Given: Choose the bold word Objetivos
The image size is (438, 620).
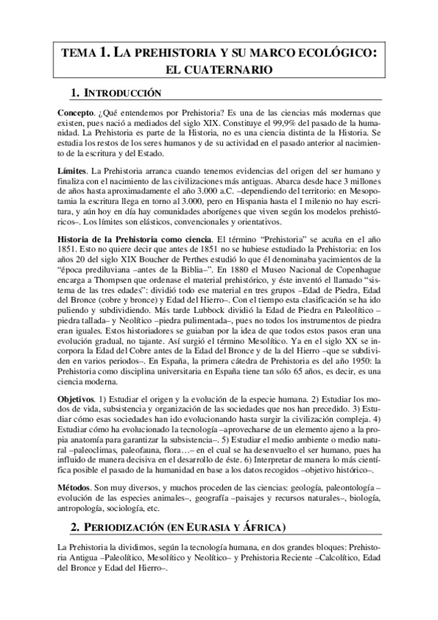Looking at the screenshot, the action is (76, 398).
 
